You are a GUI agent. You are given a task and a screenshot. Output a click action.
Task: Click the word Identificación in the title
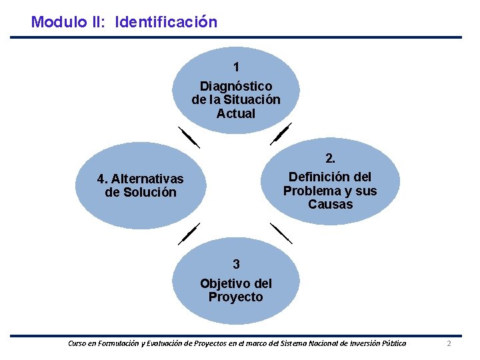click(x=166, y=22)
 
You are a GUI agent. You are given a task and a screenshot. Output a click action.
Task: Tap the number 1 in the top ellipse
click(x=236, y=67)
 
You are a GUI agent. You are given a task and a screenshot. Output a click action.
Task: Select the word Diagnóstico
click(x=236, y=87)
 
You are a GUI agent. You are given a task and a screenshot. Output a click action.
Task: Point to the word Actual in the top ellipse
click(x=236, y=113)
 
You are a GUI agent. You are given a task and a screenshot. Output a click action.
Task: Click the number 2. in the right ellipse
click(x=330, y=159)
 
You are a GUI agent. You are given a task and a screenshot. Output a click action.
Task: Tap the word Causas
click(x=330, y=204)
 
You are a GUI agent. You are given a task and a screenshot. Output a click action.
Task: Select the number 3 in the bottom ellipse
click(x=236, y=263)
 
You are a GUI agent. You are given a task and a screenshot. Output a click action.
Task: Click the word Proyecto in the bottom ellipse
click(x=236, y=297)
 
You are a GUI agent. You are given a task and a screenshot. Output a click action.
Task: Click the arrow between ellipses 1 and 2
click(x=281, y=134)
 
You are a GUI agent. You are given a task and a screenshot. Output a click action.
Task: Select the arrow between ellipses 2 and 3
click(x=281, y=233)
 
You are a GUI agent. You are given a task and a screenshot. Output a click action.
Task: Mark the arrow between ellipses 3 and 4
click(x=189, y=235)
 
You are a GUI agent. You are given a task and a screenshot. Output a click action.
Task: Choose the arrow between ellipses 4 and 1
click(x=189, y=136)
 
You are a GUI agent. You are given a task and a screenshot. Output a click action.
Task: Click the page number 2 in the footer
click(x=449, y=343)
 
